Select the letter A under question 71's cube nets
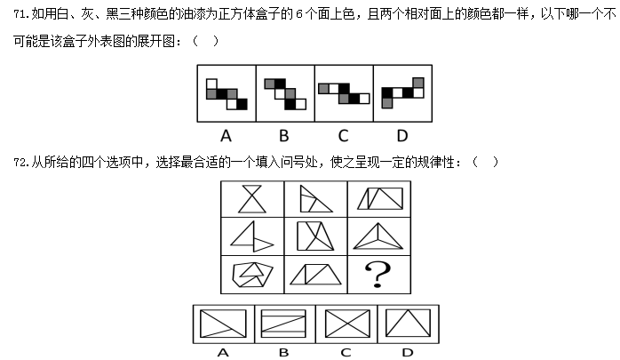pyautogui.click(x=226, y=136)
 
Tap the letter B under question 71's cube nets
pyautogui.click(x=284, y=136)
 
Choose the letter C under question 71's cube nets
pyautogui.click(x=343, y=136)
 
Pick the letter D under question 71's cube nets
pyautogui.click(x=402, y=136)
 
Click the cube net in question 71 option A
pyautogui.click(x=227, y=94)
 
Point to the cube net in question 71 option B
pyautogui.click(x=285, y=94)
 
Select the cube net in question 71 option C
pyautogui.click(x=344, y=93)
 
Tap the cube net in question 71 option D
pyautogui.click(x=402, y=93)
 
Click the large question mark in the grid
pyautogui.click(x=378, y=275)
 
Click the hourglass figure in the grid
pyautogui.click(x=252, y=199)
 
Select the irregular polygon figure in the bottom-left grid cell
pyautogui.click(x=252, y=275)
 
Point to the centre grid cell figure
pyautogui.click(x=315, y=236)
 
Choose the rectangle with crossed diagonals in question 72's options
pyautogui.click(x=347, y=324)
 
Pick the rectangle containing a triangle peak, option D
pyautogui.click(x=408, y=323)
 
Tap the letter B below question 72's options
pyautogui.click(x=284, y=352)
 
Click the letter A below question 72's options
pyautogui.click(x=223, y=352)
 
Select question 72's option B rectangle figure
pyautogui.click(x=283, y=324)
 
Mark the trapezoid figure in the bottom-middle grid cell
pyautogui.click(x=315, y=275)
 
